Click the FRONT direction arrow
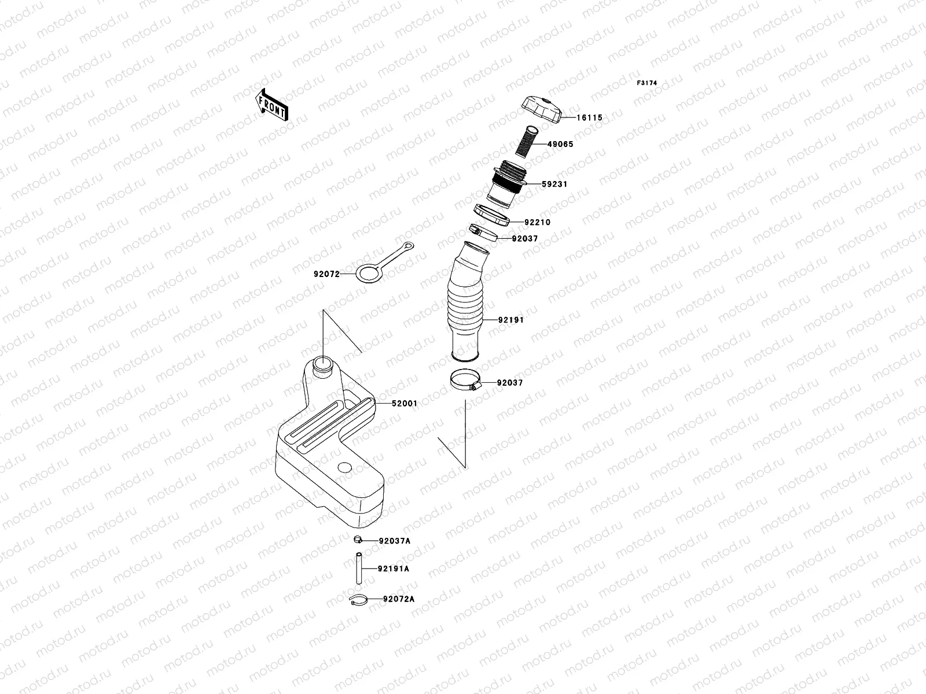click(x=271, y=105)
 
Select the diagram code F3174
click(x=647, y=83)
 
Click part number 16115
click(x=589, y=118)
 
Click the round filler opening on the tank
click(x=323, y=366)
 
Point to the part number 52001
click(x=404, y=404)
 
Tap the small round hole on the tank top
click(x=345, y=467)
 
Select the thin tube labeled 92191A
click(x=359, y=569)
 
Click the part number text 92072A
click(x=398, y=599)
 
